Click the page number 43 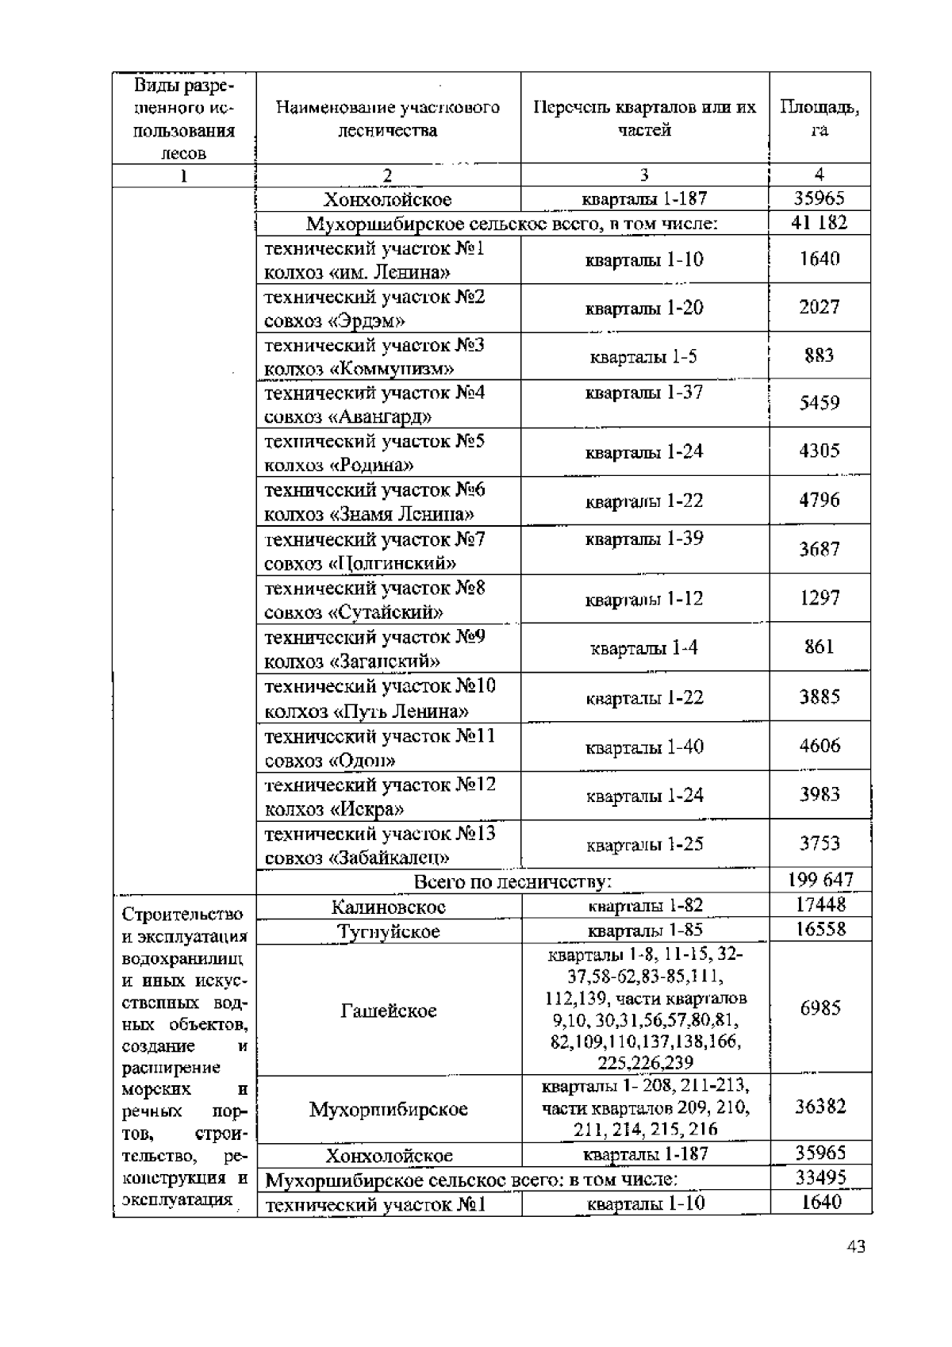point(855,1246)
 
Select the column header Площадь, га point(820,118)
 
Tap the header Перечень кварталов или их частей point(644,118)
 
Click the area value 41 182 point(820,223)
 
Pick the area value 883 point(820,355)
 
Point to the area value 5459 point(820,403)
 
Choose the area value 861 point(820,647)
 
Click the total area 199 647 point(820,880)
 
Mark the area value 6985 point(820,1008)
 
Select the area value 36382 point(820,1107)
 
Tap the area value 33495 point(820,1178)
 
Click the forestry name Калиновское point(389,906)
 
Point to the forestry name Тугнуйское point(389,931)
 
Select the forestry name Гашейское point(389,1011)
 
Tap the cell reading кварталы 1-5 point(643,357)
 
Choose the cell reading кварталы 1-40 point(644,747)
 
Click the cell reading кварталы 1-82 point(645,905)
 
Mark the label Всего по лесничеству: point(512,881)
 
